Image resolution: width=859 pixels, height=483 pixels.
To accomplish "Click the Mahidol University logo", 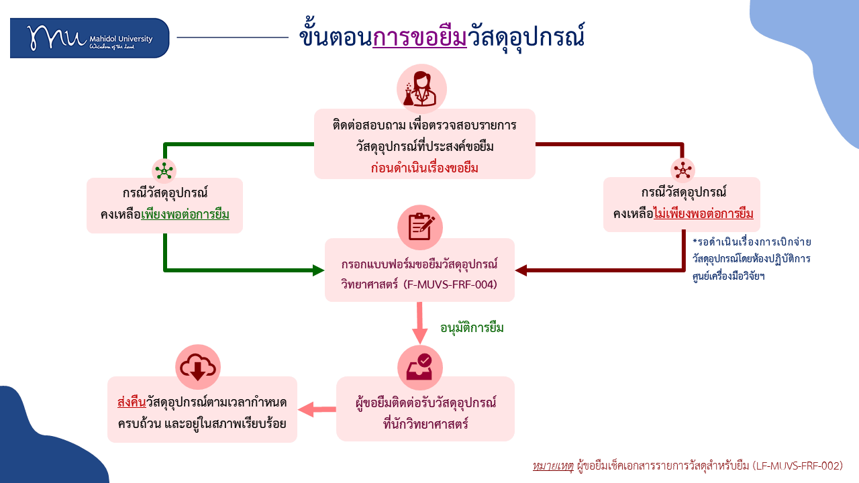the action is [89, 38].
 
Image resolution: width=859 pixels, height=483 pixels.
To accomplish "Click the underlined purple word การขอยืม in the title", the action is [419, 37].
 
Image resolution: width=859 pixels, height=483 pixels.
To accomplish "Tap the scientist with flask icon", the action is [421, 89].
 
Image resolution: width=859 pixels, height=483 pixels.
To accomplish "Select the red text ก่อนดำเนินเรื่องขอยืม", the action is [424, 168].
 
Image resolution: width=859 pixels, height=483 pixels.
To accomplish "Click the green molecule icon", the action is [164, 170].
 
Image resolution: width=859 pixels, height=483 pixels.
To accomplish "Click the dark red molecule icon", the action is [683, 170].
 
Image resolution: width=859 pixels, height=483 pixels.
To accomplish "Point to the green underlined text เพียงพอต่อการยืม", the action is [185, 214].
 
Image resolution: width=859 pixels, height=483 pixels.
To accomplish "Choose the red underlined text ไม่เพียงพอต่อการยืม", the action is [703, 213].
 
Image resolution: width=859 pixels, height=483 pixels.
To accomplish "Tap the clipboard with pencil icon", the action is [420, 227].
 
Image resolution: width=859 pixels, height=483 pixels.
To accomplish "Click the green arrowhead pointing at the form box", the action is [318, 270].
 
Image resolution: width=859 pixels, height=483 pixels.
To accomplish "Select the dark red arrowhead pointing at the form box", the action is [521, 270].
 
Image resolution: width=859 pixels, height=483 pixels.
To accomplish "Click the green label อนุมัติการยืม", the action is [472, 328].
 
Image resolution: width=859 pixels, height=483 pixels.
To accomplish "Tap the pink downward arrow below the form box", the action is [419, 323].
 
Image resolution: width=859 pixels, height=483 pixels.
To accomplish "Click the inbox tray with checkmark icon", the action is [420, 367].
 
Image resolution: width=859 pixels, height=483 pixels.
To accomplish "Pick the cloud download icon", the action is [198, 367].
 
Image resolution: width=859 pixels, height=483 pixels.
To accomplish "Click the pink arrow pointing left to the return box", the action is [317, 409].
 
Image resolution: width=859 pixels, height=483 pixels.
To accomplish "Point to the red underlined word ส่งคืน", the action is [132, 402].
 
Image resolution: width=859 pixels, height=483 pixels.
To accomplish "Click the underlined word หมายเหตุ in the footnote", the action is [553, 466].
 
